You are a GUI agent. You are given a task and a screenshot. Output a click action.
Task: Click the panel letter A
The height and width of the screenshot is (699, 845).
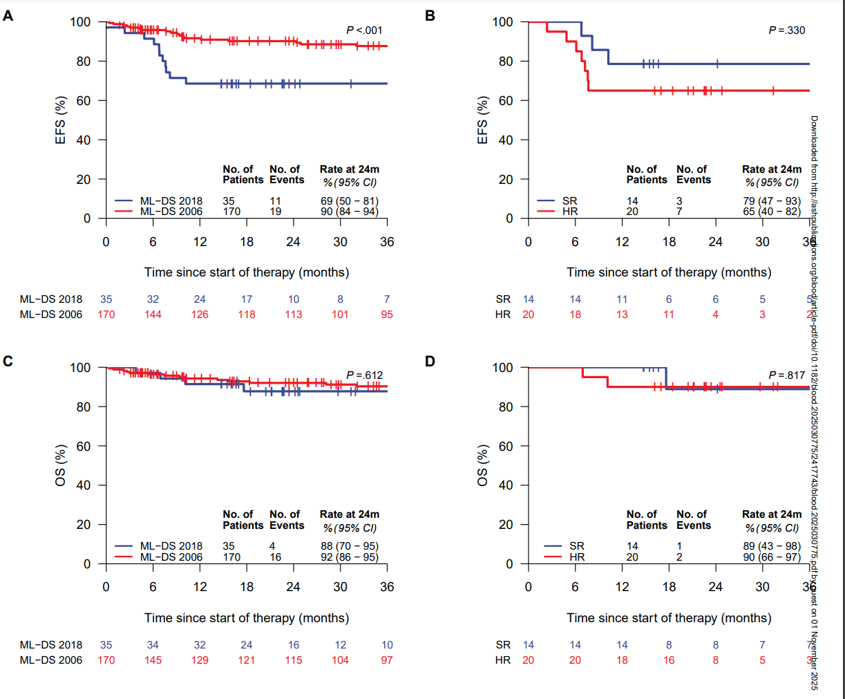pyautogui.click(x=8, y=15)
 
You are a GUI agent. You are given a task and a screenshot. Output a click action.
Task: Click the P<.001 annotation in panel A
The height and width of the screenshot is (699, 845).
pyautogui.click(x=364, y=30)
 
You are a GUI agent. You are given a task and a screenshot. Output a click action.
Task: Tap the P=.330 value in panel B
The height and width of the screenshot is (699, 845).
pyautogui.click(x=787, y=30)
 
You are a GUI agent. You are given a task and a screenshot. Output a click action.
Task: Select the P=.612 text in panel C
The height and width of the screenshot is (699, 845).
pyautogui.click(x=364, y=375)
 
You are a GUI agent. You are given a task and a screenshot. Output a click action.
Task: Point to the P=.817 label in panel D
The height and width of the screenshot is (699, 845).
pyautogui.click(x=787, y=375)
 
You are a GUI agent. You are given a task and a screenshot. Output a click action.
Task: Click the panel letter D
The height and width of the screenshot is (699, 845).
pyautogui.click(x=430, y=361)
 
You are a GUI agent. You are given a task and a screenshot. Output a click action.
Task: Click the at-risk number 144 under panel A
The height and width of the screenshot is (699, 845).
pyautogui.click(x=153, y=315)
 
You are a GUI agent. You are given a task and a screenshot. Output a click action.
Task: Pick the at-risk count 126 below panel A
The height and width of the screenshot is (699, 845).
pyautogui.click(x=200, y=315)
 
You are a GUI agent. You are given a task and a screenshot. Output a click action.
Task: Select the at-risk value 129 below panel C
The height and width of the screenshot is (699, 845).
pyautogui.click(x=200, y=660)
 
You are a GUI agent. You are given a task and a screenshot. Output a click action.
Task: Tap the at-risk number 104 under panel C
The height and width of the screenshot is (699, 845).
pyautogui.click(x=340, y=660)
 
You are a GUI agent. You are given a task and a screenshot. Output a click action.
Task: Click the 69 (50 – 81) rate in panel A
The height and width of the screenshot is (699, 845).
pyautogui.click(x=349, y=201)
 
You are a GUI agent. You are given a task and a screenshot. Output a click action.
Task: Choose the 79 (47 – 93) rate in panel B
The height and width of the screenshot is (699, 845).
pyautogui.click(x=772, y=201)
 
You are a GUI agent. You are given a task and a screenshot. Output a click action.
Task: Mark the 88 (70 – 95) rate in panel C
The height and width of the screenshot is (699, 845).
pyautogui.click(x=349, y=546)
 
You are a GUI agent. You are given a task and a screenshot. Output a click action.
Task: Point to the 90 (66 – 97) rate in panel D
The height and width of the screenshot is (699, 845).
pyautogui.click(x=772, y=557)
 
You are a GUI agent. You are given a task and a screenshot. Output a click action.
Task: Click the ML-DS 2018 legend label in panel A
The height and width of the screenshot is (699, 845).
pyautogui.click(x=171, y=201)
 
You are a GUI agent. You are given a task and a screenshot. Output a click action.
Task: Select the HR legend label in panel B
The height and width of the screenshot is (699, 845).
pyautogui.click(x=570, y=212)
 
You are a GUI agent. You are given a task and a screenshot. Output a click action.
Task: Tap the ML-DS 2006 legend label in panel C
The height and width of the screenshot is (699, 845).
pyautogui.click(x=171, y=557)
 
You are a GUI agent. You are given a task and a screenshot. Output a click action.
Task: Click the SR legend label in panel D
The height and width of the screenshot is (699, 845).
pyautogui.click(x=577, y=546)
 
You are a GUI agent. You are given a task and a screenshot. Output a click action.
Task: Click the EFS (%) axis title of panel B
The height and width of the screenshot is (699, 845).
pyautogui.click(x=483, y=120)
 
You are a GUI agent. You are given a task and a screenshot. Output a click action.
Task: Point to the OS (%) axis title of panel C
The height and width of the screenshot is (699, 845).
pyautogui.click(x=61, y=465)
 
